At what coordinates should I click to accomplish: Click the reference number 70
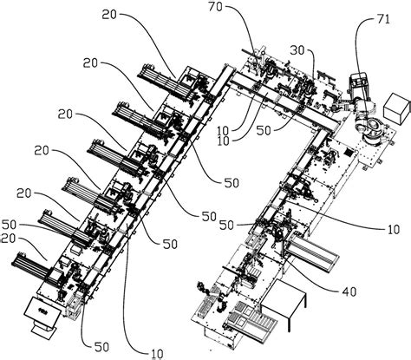(x=215, y=7)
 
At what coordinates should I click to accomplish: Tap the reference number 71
(x=383, y=20)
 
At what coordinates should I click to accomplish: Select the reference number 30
(x=297, y=50)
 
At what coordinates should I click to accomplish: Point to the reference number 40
(x=349, y=291)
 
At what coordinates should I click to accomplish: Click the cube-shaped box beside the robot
(x=397, y=108)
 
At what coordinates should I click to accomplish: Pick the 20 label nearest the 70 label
(x=109, y=15)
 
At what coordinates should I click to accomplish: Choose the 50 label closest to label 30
(x=264, y=131)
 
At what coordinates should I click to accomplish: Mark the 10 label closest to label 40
(x=393, y=229)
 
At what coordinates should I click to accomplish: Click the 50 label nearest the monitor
(x=101, y=347)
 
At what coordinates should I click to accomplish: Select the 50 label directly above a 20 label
(x=10, y=225)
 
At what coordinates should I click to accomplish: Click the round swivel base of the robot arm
(x=372, y=136)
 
